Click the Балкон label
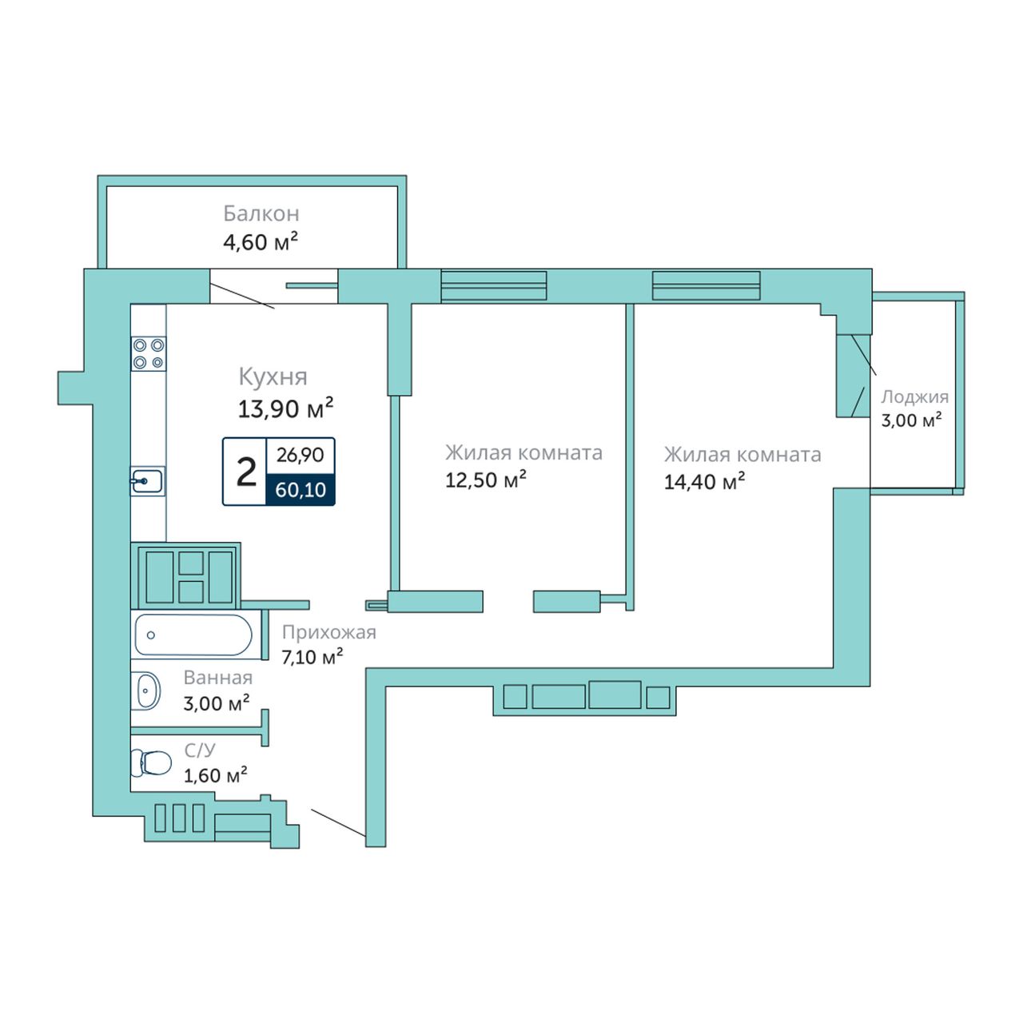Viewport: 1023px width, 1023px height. tap(261, 213)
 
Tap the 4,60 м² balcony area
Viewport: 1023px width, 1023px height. tap(260, 242)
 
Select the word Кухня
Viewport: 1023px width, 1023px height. tap(273, 377)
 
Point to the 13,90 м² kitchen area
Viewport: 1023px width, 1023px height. tap(285, 408)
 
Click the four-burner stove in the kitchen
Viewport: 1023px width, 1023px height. tap(149, 353)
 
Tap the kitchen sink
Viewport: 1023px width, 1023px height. tap(148, 481)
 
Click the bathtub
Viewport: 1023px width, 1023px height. tap(193, 635)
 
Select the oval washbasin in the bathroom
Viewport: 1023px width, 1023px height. tap(148, 691)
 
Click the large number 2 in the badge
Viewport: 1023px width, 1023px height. tap(246, 472)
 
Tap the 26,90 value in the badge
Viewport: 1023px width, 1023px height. tap(300, 455)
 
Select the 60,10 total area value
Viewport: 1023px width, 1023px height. tap(301, 490)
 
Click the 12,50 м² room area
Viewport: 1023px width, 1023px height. tap(486, 480)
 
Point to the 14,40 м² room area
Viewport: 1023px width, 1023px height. tap(704, 482)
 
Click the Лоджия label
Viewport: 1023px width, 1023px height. tap(914, 396)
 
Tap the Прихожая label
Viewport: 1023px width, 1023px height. tap(329, 633)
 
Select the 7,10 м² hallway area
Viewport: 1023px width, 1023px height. tap(312, 657)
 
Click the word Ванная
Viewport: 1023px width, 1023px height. tap(218, 678)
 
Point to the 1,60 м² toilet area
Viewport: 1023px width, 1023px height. tap(216, 775)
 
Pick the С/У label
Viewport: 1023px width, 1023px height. tap(200, 750)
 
